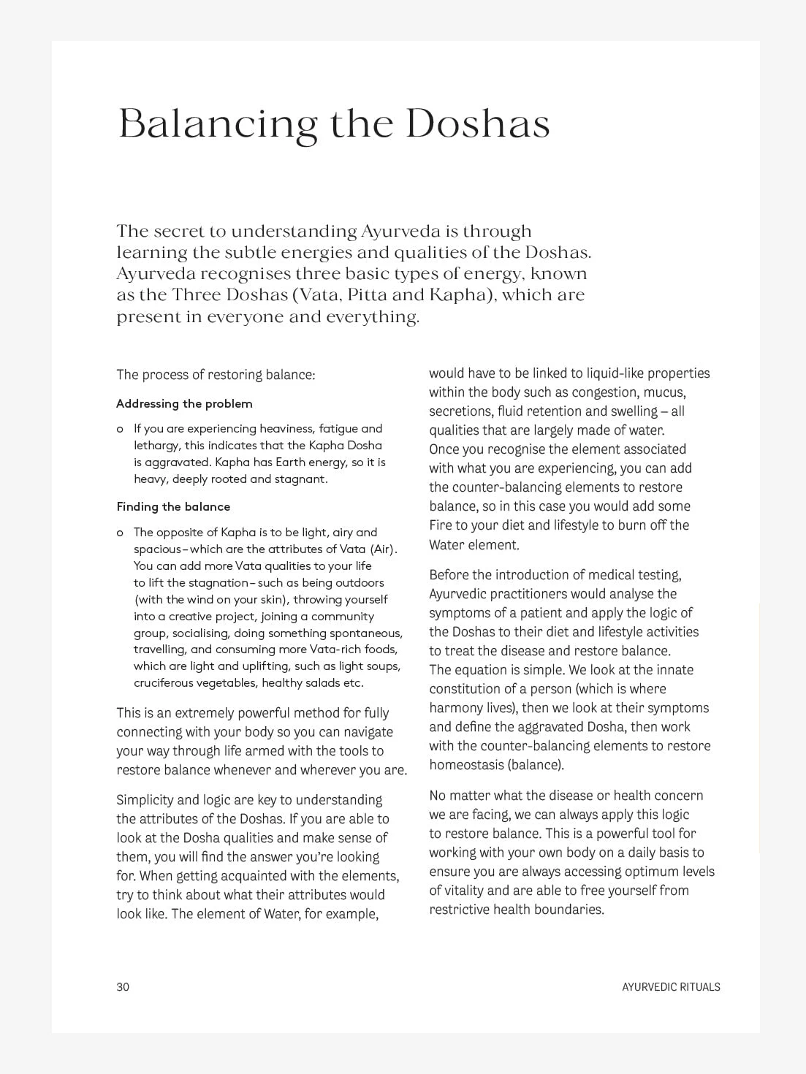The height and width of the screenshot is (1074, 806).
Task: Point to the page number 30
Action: pyautogui.click(x=123, y=987)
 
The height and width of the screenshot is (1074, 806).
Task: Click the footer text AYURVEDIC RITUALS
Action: pyautogui.click(x=671, y=987)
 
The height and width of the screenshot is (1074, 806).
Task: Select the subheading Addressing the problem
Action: pyautogui.click(x=184, y=403)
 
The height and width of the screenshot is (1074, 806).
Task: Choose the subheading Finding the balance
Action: pyautogui.click(x=173, y=506)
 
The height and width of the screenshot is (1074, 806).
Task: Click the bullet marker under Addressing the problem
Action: pyautogui.click(x=120, y=429)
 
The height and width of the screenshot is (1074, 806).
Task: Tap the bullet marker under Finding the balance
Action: pyautogui.click(x=120, y=533)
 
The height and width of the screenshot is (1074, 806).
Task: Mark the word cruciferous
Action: pyautogui.click(x=163, y=683)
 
